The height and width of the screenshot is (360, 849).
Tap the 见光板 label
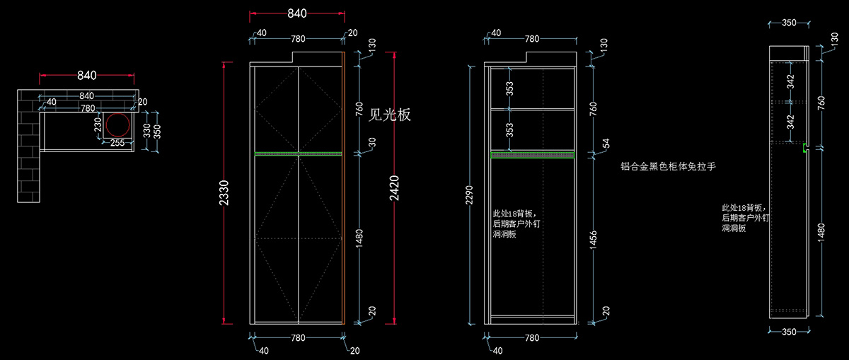coord(390,113)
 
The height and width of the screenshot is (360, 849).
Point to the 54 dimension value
coord(605,144)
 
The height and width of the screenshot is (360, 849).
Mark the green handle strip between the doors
coord(298,153)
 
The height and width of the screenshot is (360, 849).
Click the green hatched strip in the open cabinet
coord(532,154)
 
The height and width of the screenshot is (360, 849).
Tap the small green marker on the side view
coord(805,148)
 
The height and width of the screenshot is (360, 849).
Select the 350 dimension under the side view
coord(789,332)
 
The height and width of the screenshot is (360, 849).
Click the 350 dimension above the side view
coord(789,23)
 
